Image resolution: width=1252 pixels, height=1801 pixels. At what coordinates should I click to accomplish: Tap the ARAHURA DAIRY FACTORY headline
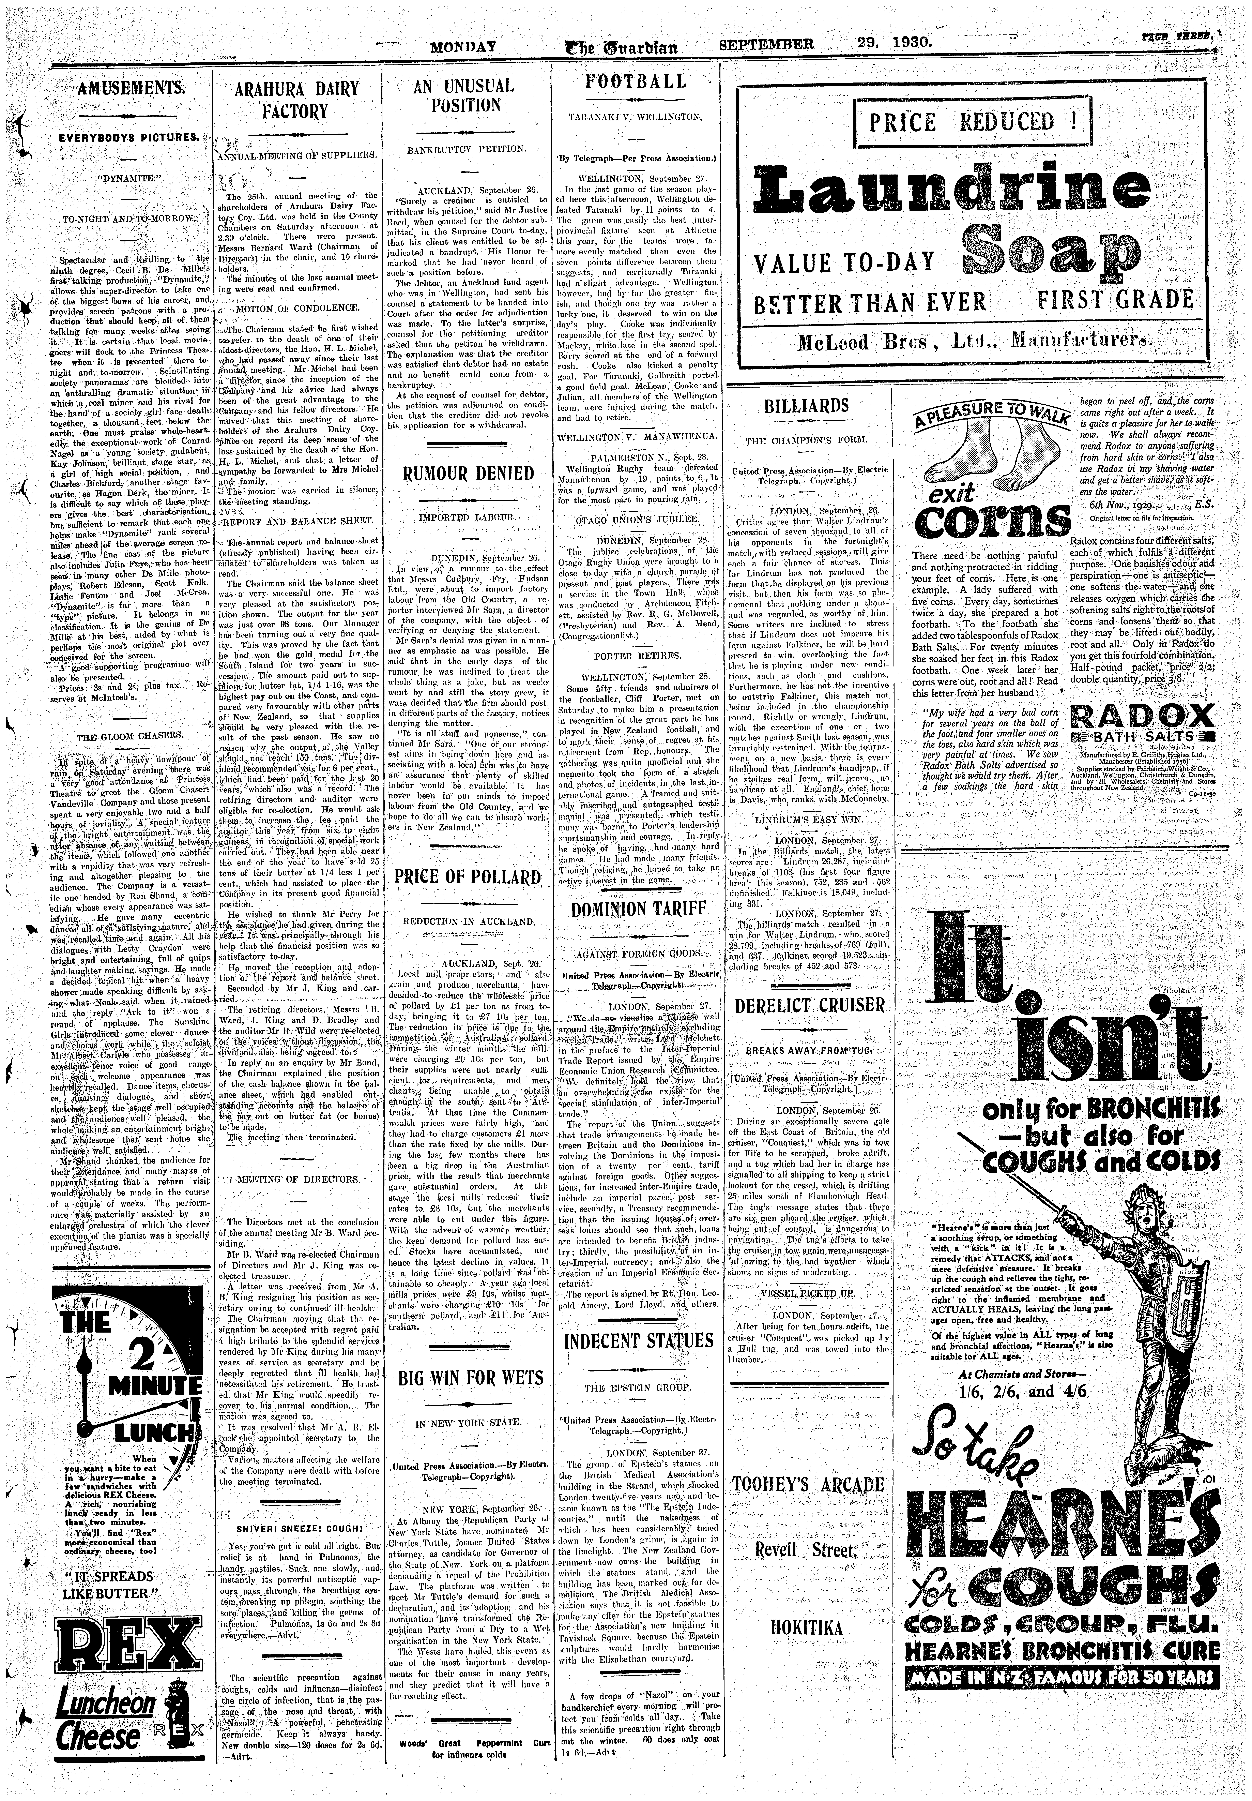click(x=296, y=100)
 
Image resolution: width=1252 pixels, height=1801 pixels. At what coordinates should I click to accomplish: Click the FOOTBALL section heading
click(x=636, y=81)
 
